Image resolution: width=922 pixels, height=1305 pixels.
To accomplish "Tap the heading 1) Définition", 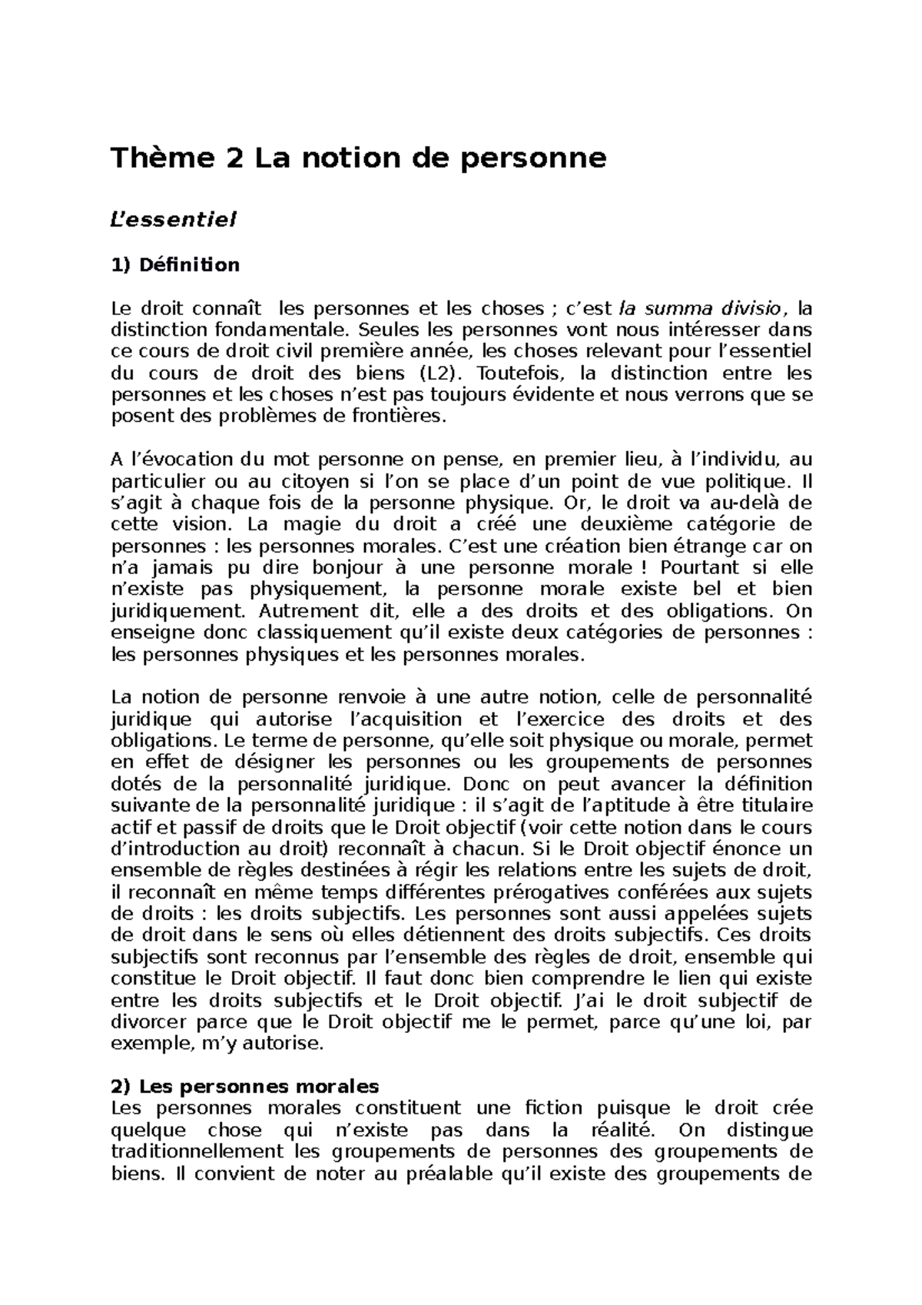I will click(x=175, y=265).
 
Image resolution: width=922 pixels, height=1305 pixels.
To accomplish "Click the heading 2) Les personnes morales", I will click(x=245, y=1087).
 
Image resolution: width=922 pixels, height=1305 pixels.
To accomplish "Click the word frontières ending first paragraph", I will click(x=406, y=417).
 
